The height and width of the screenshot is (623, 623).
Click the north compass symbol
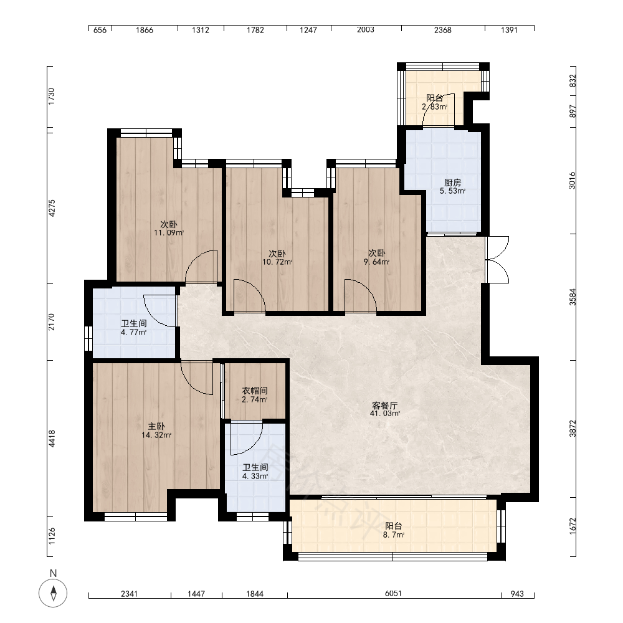coord(53,593)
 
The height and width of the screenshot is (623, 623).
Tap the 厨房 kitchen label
coord(452,183)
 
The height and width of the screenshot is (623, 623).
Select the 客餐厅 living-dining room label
coord(384,406)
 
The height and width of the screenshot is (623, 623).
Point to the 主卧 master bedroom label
coord(156,427)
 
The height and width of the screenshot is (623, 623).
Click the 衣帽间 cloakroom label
coord(255,391)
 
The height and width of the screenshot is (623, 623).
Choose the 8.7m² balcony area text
coord(394,535)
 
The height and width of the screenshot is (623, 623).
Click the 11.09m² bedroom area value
coord(169,233)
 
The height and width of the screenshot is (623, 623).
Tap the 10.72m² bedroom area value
coord(277,262)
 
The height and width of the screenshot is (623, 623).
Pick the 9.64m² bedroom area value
coord(377,262)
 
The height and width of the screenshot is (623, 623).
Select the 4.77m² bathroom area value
coord(134,332)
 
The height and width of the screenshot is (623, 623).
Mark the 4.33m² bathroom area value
coord(255,476)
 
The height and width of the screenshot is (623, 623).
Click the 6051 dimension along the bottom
coord(393,593)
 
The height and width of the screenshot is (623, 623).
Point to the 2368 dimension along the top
coord(442,30)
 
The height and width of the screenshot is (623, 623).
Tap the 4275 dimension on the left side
coord(52,208)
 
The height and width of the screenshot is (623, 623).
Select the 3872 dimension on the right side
coord(573,429)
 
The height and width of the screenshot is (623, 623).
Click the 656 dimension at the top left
coord(100,30)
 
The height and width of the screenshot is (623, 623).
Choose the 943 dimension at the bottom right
coord(517,594)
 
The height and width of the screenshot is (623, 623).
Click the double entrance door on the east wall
coord(497,260)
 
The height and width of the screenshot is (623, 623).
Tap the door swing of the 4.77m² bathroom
coord(159,311)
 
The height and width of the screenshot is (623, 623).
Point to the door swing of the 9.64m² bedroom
coord(360,295)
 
